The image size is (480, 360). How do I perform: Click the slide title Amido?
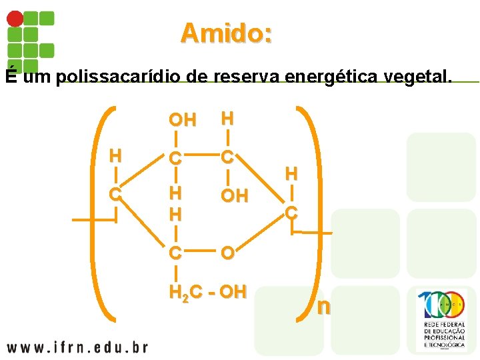[x=226, y=33]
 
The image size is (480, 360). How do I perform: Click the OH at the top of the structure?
[x=182, y=120]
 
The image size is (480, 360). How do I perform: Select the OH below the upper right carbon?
[x=234, y=196]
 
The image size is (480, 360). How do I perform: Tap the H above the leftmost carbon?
[x=115, y=157]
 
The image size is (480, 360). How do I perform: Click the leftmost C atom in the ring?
[x=115, y=195]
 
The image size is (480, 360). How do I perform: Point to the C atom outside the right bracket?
[x=291, y=213]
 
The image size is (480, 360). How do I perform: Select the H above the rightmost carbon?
[x=291, y=174]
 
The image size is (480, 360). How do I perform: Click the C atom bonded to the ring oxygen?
[x=175, y=254]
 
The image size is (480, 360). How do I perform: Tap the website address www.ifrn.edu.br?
[x=77, y=347]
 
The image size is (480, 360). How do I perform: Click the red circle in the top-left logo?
[x=15, y=19]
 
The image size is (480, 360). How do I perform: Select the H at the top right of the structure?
[x=227, y=119]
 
